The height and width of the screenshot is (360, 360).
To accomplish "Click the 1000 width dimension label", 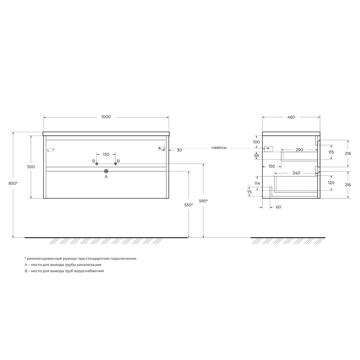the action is pos(106,117).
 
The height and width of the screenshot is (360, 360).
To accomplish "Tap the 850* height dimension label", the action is pos(13,183).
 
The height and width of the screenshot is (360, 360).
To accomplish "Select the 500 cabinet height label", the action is pos(31,167).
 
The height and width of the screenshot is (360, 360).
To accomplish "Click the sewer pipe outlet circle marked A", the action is pos(106,171).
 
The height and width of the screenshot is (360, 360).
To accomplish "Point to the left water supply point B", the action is pos(96,164).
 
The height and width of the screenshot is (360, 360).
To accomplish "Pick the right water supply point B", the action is pos(116,164).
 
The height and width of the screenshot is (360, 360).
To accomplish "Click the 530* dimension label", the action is pos(189,205).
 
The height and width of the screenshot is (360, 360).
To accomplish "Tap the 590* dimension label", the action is pos(203,201).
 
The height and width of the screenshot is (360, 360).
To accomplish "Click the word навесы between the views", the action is pos(219,148).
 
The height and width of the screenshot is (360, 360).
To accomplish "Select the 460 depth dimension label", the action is pos(291,117).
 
